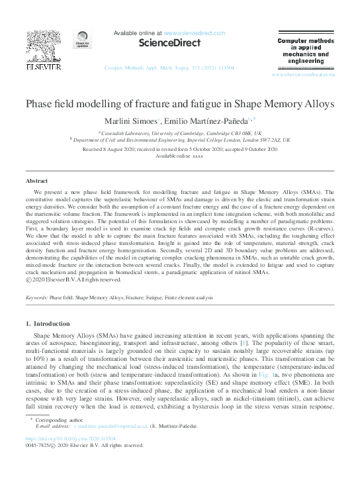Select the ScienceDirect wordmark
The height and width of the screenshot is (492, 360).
[x=169, y=44]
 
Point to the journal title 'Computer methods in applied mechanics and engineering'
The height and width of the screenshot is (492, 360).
[x=301, y=51]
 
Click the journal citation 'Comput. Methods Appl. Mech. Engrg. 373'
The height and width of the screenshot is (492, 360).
[x=169, y=68]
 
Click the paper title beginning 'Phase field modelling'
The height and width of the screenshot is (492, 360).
[x=179, y=104]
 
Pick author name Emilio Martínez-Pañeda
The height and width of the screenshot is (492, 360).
[x=205, y=121]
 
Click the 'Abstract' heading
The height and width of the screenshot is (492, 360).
[x=36, y=181]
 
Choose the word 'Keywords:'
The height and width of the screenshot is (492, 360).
[x=36, y=299]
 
